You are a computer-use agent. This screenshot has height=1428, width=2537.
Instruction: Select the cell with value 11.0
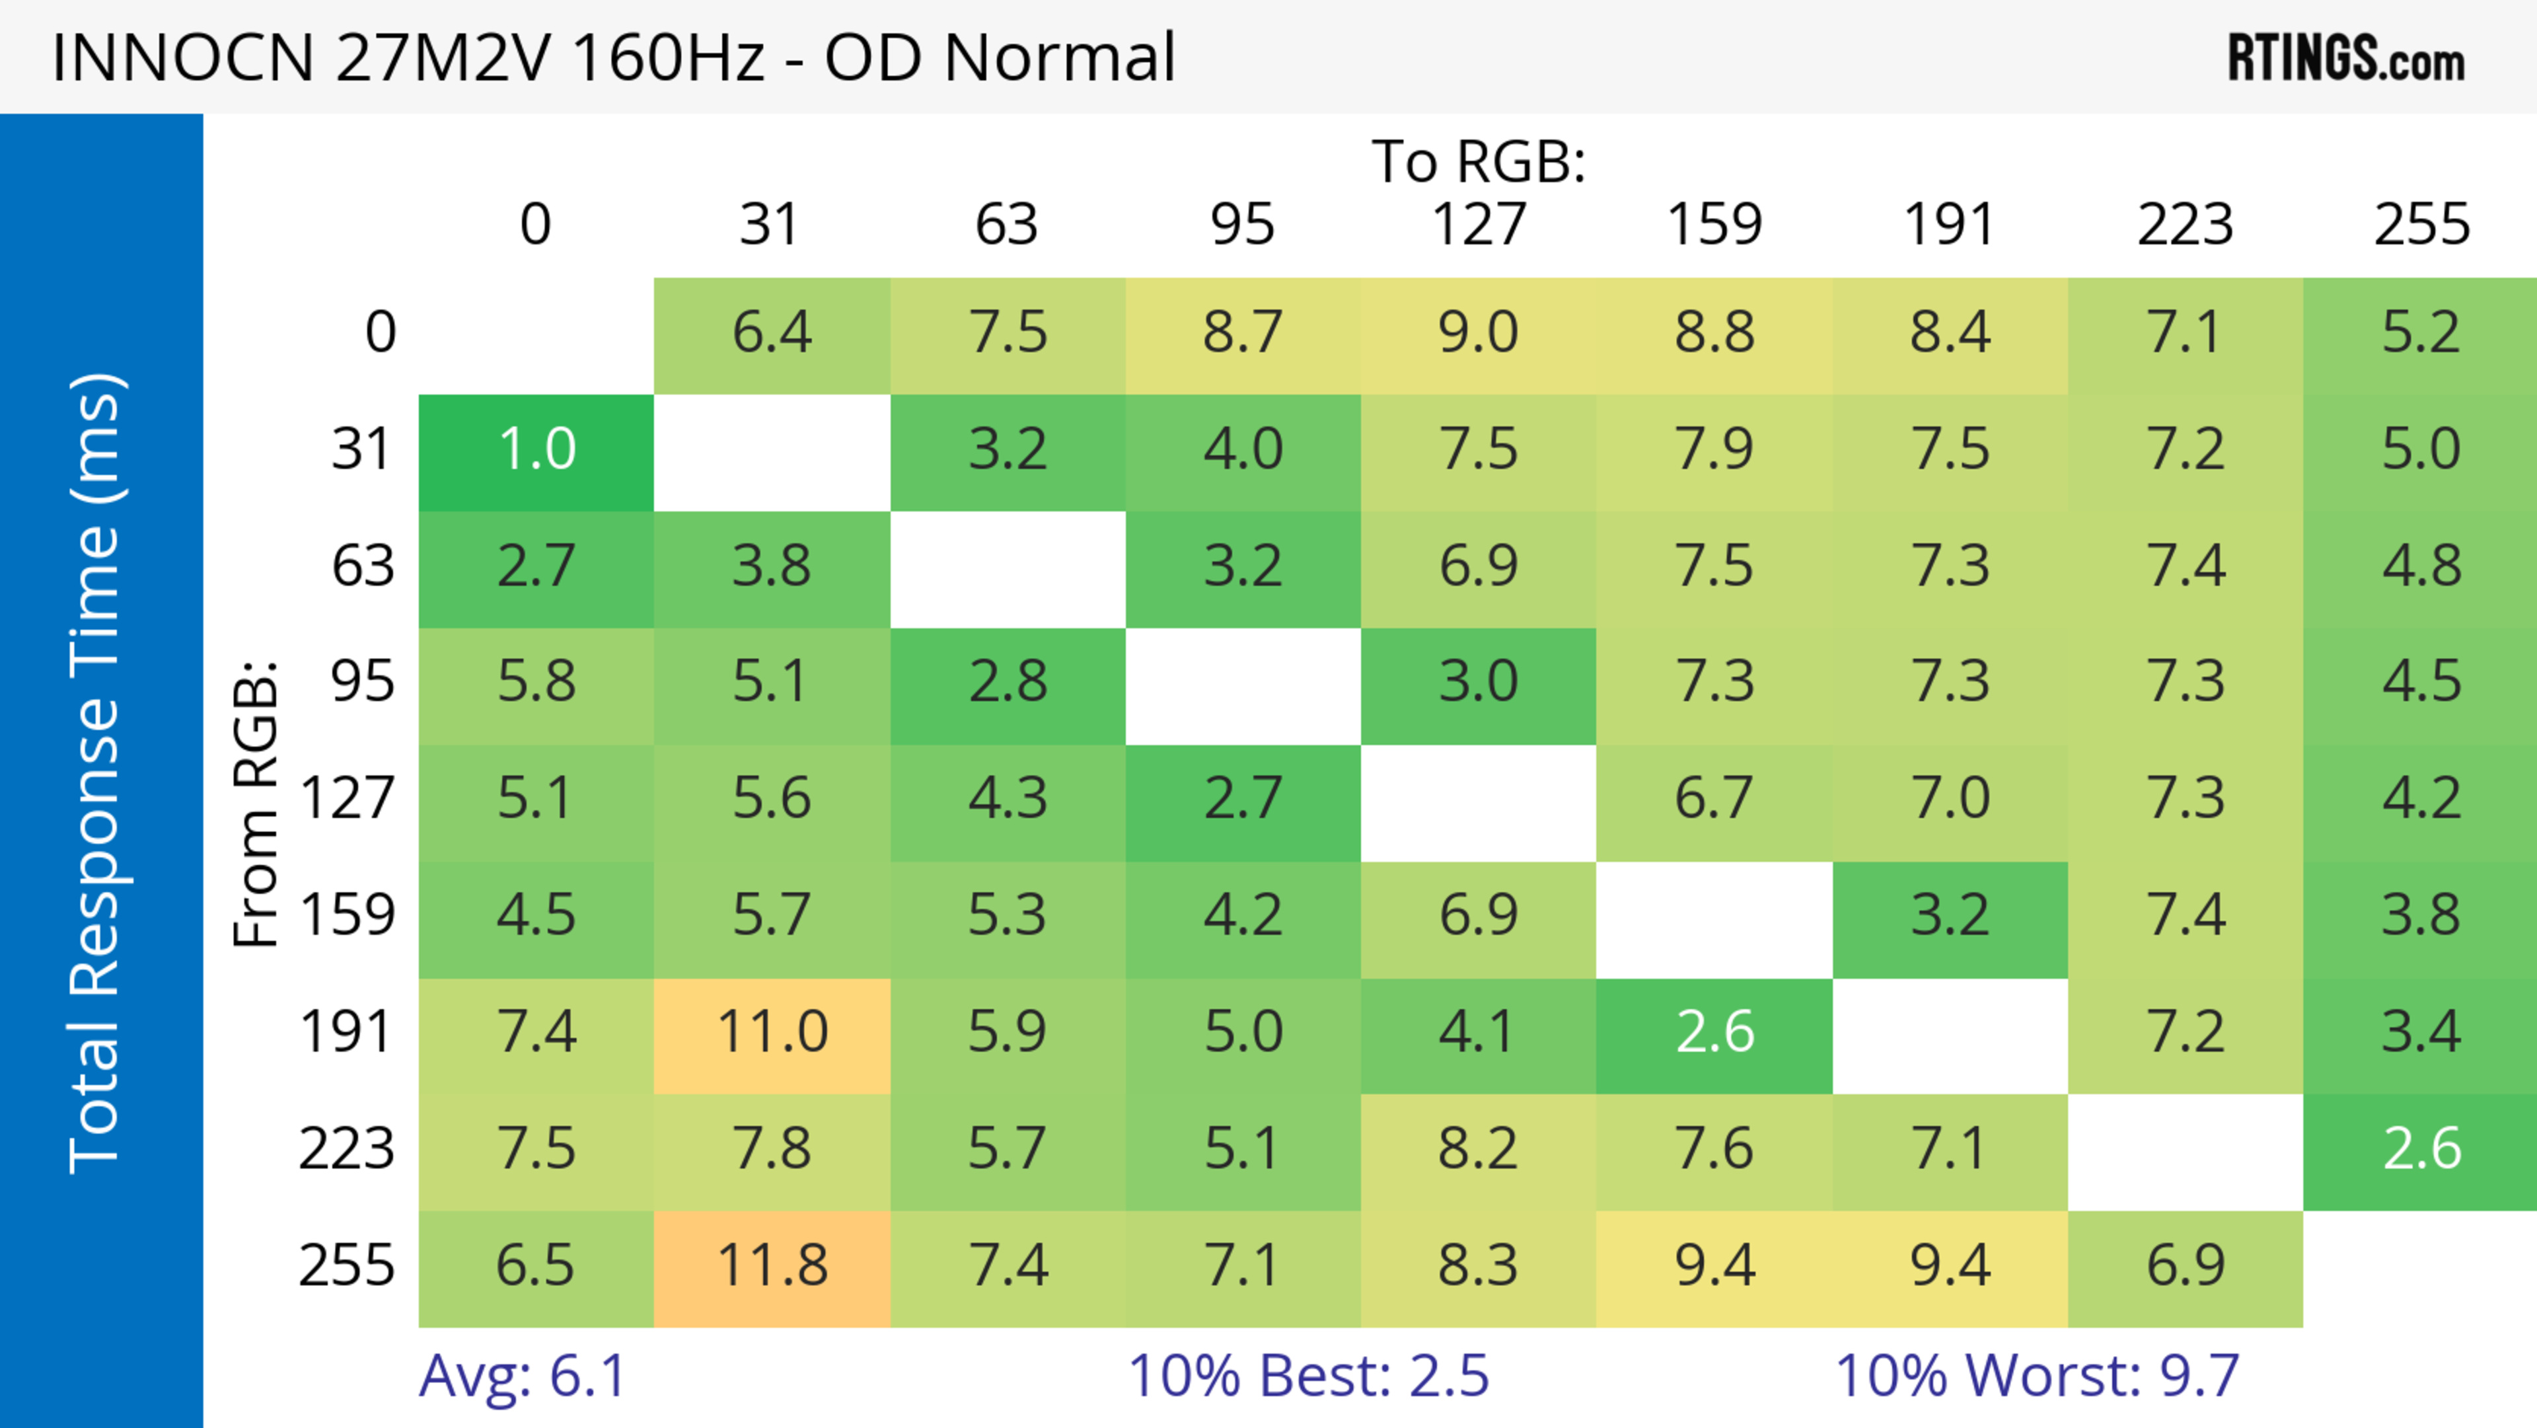click(772, 1032)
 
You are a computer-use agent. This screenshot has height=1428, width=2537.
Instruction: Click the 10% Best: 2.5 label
click(1308, 1376)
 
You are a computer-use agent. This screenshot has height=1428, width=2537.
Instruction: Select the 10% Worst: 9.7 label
click(2037, 1376)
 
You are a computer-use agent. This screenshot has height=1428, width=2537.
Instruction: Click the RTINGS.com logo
click(2346, 57)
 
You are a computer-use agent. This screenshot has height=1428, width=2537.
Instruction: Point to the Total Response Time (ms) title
click(96, 773)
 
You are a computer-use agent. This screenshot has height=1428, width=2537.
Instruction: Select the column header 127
click(1479, 225)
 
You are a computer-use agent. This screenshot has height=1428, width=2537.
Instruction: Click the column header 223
click(2186, 225)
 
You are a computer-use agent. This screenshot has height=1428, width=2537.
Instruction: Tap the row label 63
click(363, 566)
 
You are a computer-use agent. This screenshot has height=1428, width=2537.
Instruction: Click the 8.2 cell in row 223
click(1479, 1149)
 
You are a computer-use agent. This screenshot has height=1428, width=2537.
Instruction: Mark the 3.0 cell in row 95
click(1479, 681)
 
